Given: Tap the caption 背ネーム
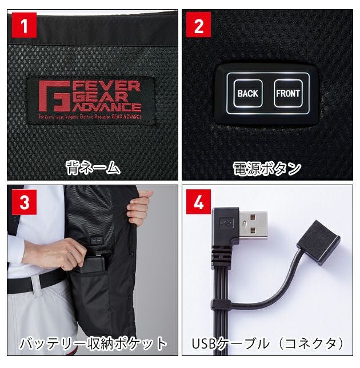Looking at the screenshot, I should (x=92, y=167).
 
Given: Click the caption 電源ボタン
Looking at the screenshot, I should (x=267, y=168).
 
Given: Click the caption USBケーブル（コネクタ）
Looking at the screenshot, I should (x=268, y=343).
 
